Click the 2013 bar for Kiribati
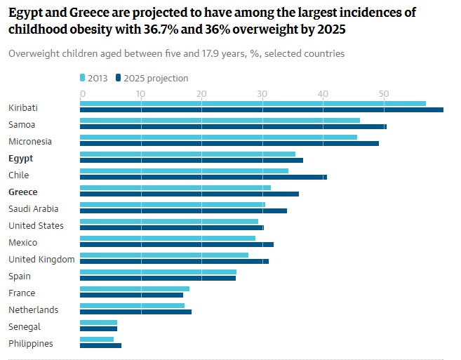253,103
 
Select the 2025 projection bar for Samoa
233,126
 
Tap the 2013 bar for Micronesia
218,137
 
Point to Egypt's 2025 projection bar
192,160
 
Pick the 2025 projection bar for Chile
203,177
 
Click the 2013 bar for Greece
175,187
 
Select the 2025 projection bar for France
131,295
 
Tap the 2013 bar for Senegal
98,322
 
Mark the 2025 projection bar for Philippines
100,345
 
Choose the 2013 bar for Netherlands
132,305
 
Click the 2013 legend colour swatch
83,78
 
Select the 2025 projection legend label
156,78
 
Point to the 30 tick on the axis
262,93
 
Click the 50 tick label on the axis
383,93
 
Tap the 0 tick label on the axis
83,93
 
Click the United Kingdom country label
41,260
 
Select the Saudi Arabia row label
34,209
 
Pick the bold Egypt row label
21,159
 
